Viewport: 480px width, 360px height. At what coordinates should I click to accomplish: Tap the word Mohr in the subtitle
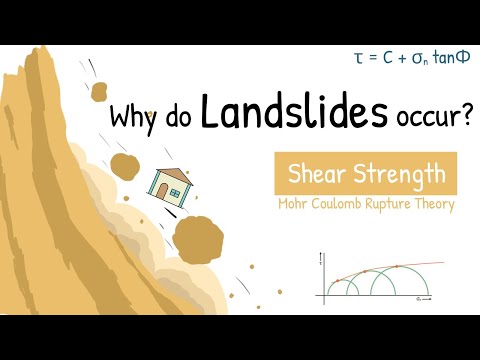pyautogui.click(x=293, y=205)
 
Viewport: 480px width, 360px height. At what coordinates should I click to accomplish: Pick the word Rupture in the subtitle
pyautogui.click(x=392, y=206)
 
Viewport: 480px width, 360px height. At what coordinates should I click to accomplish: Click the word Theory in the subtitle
pyautogui.click(x=437, y=206)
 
